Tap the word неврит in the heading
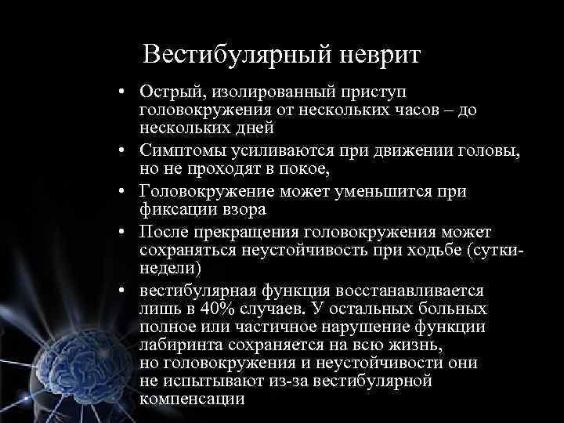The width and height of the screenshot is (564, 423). pyautogui.click(x=381, y=56)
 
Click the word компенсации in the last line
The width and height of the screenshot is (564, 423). pyautogui.click(x=192, y=398)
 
